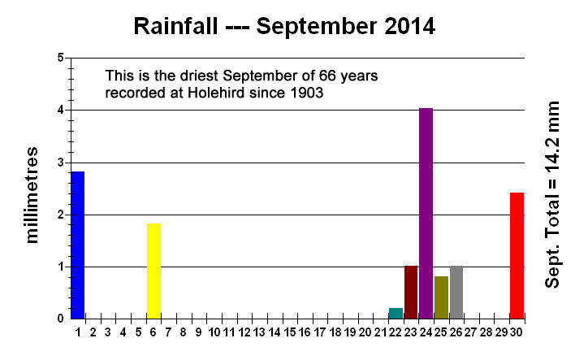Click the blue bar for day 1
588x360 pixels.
point(77,245)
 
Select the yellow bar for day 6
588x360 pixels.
point(153,271)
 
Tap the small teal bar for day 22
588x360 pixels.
point(396,314)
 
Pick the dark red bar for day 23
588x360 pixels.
point(411,293)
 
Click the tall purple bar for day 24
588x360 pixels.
point(426,214)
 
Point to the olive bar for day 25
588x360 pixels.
point(441,297)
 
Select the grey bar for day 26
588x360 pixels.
point(456,293)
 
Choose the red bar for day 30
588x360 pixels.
point(517,256)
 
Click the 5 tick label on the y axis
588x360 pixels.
point(60,59)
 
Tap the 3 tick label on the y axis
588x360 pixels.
point(60,163)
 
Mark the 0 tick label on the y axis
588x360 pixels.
point(60,319)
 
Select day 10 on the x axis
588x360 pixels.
point(214,332)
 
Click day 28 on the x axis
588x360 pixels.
point(486,332)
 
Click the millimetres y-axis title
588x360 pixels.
point(33,195)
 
